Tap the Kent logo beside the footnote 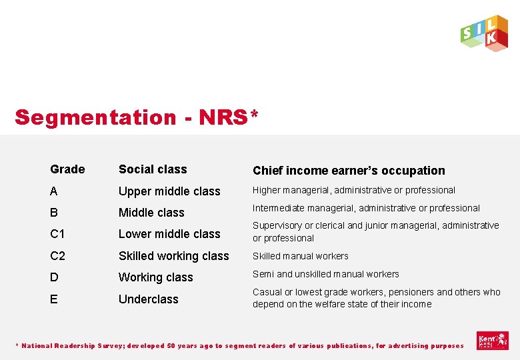click(493, 341)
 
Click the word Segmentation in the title click(95, 117)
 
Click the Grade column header click(67, 169)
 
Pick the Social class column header click(153, 169)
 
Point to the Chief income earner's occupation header click(348, 171)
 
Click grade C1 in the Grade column click(57, 234)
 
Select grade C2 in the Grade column click(57, 255)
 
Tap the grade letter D click(54, 277)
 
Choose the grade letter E click(53, 299)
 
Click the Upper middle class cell click(169, 191)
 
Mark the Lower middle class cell click(169, 234)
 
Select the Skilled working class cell click(173, 256)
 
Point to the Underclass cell click(149, 299)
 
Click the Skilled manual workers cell click(300, 256)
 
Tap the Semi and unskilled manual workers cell click(325, 274)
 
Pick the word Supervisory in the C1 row click(277, 225)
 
